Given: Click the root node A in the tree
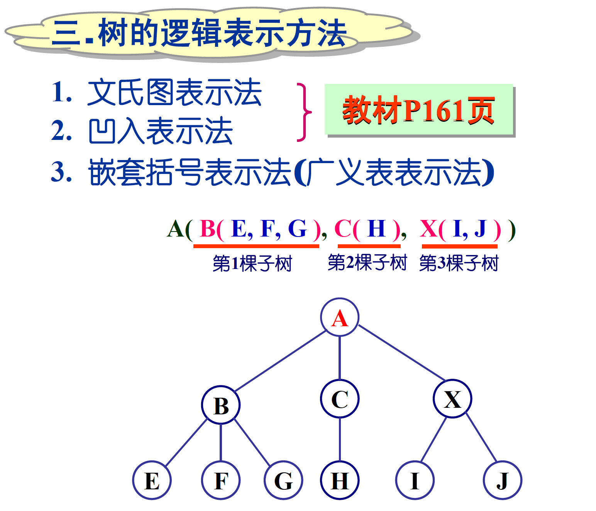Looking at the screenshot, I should point(340,317).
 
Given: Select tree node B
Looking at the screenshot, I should point(221,405).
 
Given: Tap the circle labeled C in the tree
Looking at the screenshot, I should point(340,399).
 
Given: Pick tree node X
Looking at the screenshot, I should point(452,399).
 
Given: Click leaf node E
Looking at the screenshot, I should point(152,480).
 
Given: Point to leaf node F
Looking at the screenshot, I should point(221,480).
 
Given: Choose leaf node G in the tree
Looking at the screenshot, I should point(283,480).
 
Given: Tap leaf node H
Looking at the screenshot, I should point(340,480).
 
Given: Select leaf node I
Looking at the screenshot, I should point(415,480).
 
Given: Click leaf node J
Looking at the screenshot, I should point(503,480).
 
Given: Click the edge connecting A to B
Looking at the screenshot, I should point(281,361).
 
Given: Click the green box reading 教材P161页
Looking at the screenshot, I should point(419,110).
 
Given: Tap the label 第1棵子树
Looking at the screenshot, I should point(252,264).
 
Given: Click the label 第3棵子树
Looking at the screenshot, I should point(459,263).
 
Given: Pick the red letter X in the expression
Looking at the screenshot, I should point(428,229).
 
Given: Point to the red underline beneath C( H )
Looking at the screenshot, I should point(369,246).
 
